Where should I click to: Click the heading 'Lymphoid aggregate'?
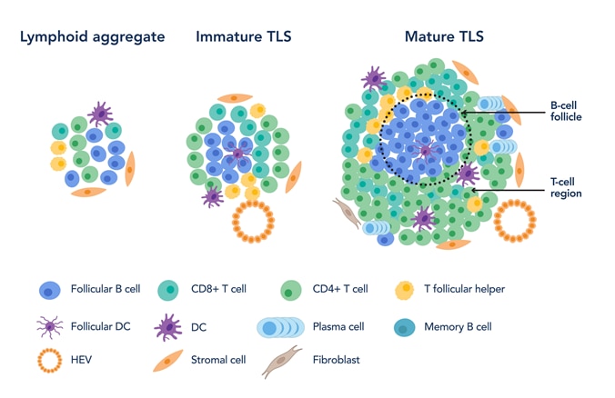[x=93, y=37]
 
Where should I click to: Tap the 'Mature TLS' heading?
[x=444, y=37]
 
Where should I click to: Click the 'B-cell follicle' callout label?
[x=566, y=111]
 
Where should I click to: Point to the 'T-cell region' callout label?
[x=566, y=188]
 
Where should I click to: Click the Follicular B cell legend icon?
[x=49, y=290]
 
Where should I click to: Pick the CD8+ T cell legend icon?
[x=167, y=290]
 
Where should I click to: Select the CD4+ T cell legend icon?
[x=291, y=290]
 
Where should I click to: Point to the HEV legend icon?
[x=49, y=360]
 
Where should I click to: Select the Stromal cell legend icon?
[x=167, y=361]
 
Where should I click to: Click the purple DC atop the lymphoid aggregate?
[x=100, y=114]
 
